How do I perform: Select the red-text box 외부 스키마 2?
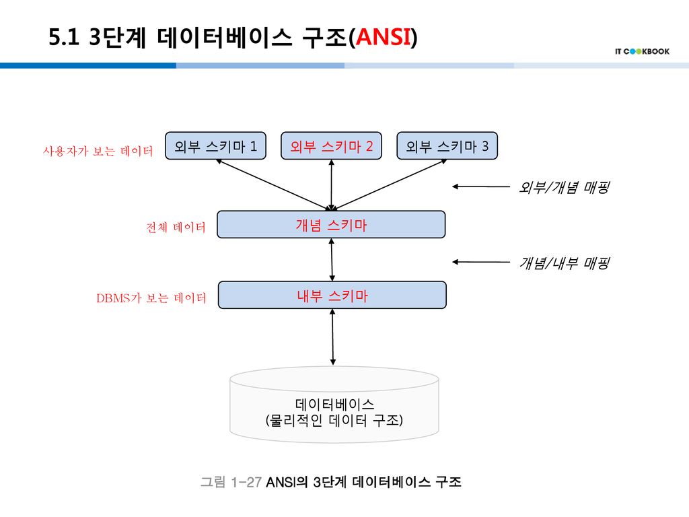click(331, 145)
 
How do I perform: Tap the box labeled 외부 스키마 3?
click(447, 145)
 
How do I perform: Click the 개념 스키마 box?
click(332, 225)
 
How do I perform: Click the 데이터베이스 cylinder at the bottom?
click(334, 407)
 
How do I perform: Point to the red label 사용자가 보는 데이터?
click(98, 151)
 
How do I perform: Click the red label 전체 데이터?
click(176, 228)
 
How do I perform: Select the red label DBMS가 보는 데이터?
click(151, 298)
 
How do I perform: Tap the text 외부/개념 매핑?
click(564, 188)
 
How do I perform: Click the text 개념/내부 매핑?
click(564, 263)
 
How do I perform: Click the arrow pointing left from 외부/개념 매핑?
click(480, 186)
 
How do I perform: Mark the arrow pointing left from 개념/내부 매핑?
click(480, 261)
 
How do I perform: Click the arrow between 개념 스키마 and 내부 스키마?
click(332, 260)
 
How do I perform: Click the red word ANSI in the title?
click(384, 38)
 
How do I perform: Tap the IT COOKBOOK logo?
click(642, 51)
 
